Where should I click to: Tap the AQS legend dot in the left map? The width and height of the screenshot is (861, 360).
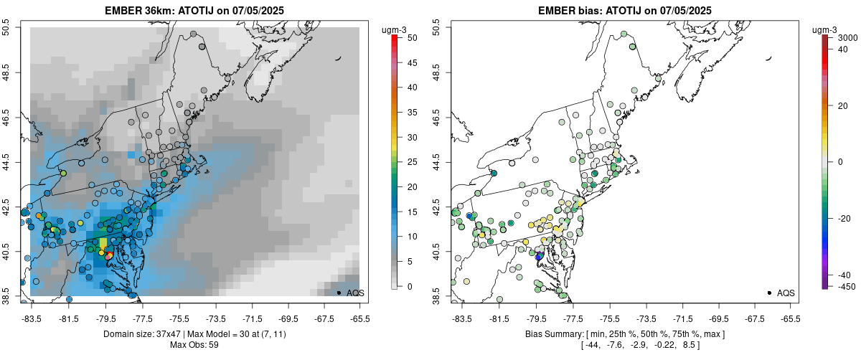tap(339, 293)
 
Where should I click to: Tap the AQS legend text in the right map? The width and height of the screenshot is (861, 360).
tap(786, 293)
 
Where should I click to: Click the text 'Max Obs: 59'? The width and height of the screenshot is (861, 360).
tap(194, 345)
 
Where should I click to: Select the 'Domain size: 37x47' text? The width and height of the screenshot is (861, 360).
tap(140, 334)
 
